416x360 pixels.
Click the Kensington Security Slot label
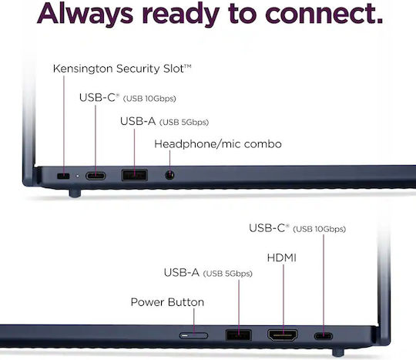[122, 69]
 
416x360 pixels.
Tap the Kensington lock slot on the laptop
[63, 176]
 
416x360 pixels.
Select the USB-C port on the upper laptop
[96, 176]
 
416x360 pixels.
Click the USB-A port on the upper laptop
[135, 175]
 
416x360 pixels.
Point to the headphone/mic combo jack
[169, 175]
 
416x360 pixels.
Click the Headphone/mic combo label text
[218, 144]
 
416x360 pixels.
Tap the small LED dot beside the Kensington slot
[78, 176]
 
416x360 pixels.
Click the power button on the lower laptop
[193, 335]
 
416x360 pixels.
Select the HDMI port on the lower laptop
[283, 335]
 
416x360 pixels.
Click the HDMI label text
[282, 257]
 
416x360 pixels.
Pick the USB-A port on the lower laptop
[239, 335]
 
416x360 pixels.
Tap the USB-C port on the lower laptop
[324, 336]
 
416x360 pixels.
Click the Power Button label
[167, 302]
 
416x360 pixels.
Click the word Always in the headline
[86, 14]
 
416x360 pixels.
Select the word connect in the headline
[324, 14]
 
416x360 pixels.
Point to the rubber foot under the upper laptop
[75, 193]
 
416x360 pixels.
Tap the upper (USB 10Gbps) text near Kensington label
[149, 99]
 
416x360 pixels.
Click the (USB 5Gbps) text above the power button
[227, 274]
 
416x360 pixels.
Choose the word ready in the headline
[181, 15]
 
